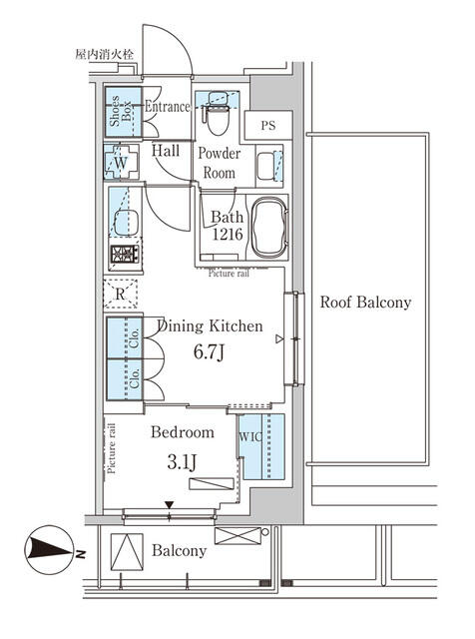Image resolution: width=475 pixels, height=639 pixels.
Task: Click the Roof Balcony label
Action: click(x=364, y=302)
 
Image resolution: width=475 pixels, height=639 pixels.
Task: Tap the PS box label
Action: click(x=268, y=126)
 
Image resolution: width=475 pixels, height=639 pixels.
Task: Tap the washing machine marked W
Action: click(x=121, y=162)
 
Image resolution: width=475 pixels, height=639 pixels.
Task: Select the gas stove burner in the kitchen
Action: click(x=124, y=256)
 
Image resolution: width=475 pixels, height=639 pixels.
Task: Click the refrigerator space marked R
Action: click(x=121, y=294)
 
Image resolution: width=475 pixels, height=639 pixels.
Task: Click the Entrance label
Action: click(x=168, y=107)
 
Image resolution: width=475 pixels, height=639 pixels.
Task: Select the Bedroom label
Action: click(x=182, y=432)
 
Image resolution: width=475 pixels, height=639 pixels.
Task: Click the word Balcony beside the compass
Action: click(x=180, y=551)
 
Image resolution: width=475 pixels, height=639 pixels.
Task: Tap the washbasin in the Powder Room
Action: click(x=267, y=167)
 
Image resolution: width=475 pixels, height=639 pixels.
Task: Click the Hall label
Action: click(x=166, y=151)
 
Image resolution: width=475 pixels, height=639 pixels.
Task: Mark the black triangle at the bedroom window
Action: click(x=169, y=504)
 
